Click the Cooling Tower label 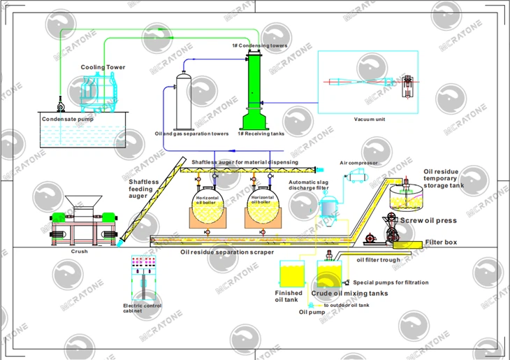tap(103, 68)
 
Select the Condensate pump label tap(66, 119)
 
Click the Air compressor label tap(358, 162)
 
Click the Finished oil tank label tap(287, 296)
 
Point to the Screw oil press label tap(428, 220)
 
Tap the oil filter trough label tap(378, 260)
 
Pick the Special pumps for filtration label tap(391, 282)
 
